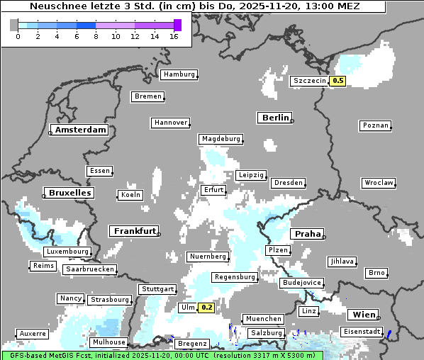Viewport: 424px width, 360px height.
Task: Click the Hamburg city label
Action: click(179, 74)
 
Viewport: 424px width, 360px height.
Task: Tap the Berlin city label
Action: click(275, 118)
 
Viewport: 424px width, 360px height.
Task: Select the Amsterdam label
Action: click(80, 130)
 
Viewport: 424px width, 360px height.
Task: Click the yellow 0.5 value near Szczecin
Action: click(338, 81)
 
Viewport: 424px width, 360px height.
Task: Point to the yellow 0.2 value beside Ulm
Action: click(206, 308)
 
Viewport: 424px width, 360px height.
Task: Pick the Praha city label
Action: click(308, 234)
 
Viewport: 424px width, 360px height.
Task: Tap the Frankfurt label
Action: click(134, 231)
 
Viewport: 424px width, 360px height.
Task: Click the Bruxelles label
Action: click(69, 193)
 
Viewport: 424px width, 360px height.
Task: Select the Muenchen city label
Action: click(263, 319)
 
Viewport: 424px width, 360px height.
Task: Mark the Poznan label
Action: click(375, 125)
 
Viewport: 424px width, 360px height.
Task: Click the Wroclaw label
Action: click(379, 183)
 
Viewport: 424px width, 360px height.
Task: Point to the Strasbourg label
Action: click(110, 300)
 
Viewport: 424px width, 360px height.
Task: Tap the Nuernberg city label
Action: click(208, 257)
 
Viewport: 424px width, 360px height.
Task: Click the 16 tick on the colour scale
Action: click(174, 36)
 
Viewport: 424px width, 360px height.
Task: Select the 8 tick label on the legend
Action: click(96, 36)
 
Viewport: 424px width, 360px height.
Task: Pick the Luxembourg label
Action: click(67, 252)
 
